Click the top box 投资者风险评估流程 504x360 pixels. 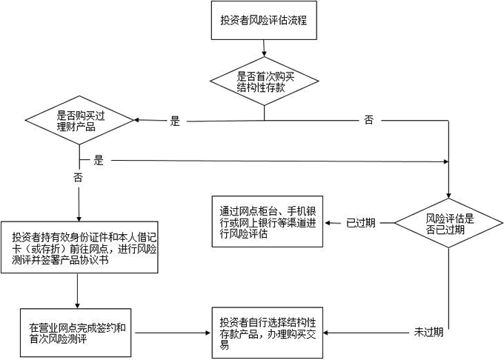(264, 22)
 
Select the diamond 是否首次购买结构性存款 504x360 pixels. (264, 80)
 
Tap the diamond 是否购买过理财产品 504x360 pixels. (80, 121)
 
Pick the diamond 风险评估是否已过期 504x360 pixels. (449, 223)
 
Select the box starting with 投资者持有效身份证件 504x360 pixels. (79, 247)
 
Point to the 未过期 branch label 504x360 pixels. (428, 332)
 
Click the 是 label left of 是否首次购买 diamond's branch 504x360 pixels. (176, 121)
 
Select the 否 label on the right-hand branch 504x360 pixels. (368, 120)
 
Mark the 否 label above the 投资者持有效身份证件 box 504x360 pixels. (78, 178)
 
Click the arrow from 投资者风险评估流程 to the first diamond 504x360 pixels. (264, 49)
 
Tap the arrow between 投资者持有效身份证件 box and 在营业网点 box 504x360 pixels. (78, 290)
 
